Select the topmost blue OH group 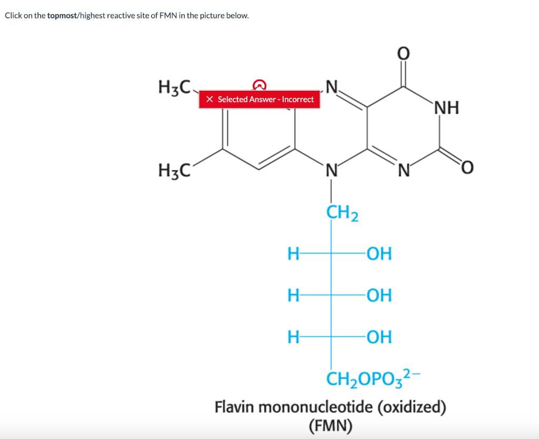[x=379, y=254]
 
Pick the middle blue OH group [x=379, y=295]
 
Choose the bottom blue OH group [x=379, y=336]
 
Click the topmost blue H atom [x=293, y=254]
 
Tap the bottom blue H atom [x=293, y=336]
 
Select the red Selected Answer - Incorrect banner [x=259, y=99]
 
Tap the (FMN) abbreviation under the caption [x=331, y=425]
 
